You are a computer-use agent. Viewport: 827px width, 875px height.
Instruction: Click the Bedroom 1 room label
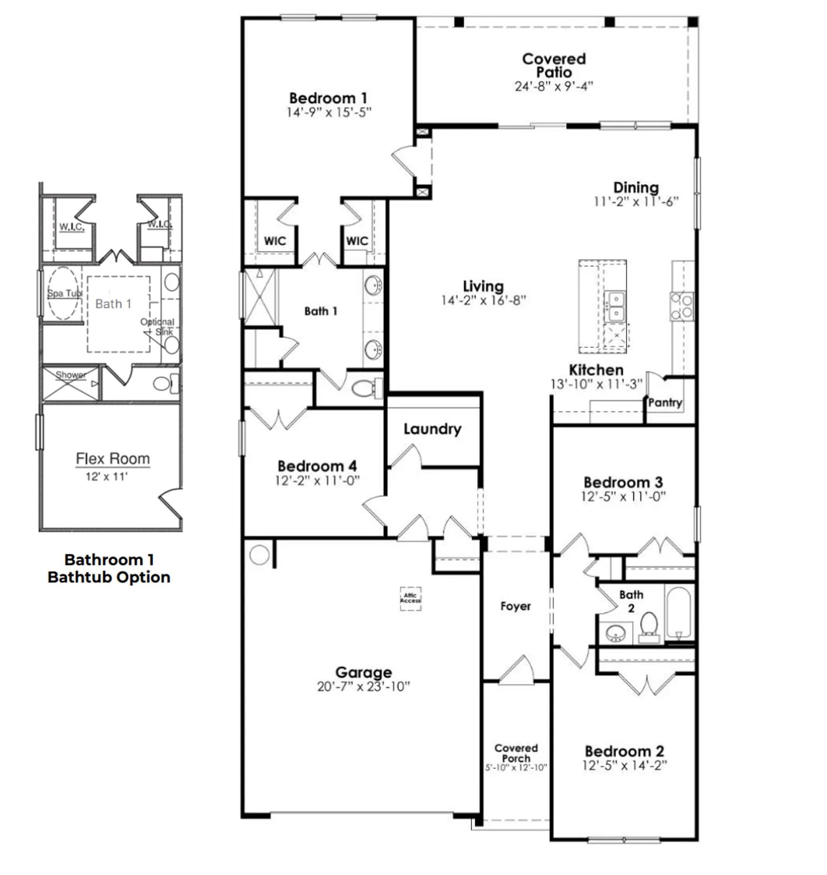(328, 98)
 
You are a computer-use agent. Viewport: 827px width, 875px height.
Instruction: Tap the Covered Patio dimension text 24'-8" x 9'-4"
(554, 86)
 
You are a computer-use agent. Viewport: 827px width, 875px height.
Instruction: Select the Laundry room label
(432, 429)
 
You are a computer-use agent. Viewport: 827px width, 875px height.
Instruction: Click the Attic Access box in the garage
(410, 598)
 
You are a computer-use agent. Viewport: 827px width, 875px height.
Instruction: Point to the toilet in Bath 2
(649, 627)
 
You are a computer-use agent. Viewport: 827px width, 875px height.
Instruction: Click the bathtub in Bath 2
(679, 613)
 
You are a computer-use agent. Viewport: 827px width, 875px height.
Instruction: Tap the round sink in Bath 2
(615, 633)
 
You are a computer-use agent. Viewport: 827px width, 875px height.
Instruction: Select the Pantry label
(665, 402)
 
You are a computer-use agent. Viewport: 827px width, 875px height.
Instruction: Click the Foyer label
(515, 606)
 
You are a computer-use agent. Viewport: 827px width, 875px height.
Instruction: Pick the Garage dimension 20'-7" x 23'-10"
(363, 686)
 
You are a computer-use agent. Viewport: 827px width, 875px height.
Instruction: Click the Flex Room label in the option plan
(113, 458)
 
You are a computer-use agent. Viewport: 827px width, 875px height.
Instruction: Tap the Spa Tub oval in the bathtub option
(64, 293)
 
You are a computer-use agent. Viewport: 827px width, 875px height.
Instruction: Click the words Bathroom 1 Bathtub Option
(109, 568)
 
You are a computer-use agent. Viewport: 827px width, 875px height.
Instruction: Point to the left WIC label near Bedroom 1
(274, 241)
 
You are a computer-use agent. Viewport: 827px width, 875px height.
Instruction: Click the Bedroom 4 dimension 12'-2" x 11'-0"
(317, 480)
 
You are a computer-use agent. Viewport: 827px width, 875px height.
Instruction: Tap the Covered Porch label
(516, 753)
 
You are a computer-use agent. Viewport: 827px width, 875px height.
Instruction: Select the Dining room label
(636, 187)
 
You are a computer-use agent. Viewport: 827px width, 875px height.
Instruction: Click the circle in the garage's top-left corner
(259, 555)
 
